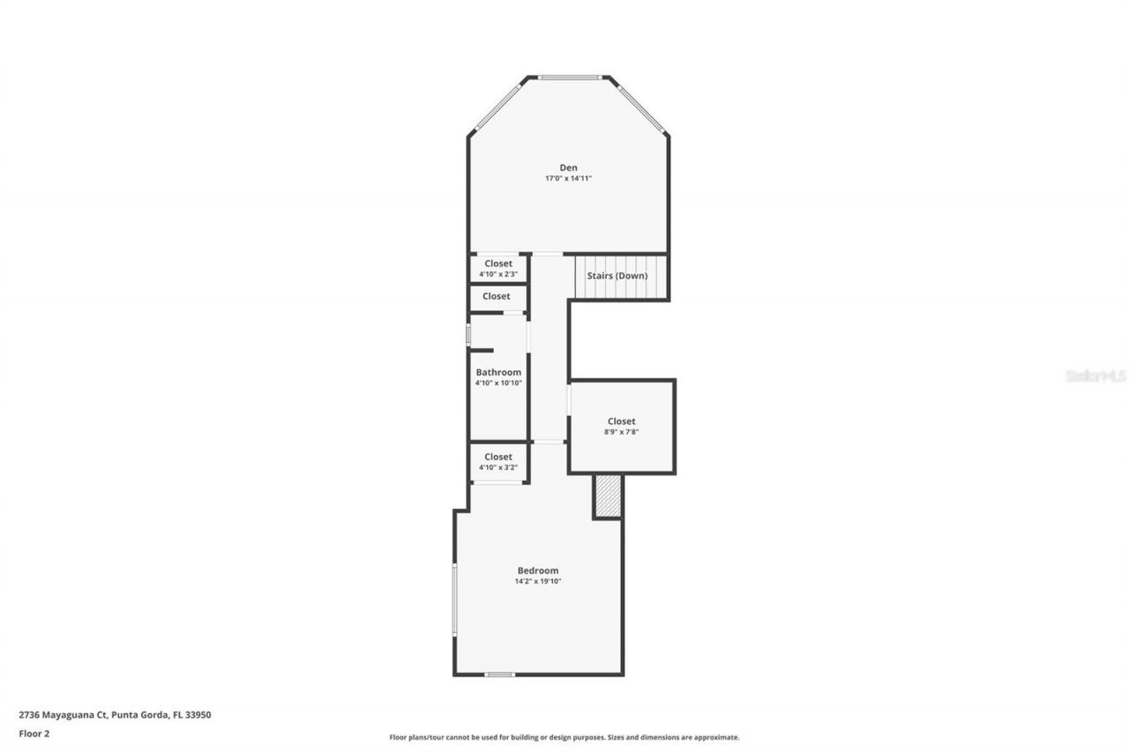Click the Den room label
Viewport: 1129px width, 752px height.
pyautogui.click(x=569, y=168)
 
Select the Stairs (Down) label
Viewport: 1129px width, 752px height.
pyautogui.click(x=617, y=276)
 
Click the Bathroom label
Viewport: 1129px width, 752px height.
pyautogui.click(x=498, y=372)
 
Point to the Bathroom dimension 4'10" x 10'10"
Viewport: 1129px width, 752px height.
pyautogui.click(x=498, y=383)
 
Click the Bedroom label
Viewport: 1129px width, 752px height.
pyautogui.click(x=538, y=570)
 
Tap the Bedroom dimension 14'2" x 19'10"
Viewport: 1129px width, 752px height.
pyautogui.click(x=538, y=581)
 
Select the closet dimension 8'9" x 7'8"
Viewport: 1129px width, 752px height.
pyautogui.click(x=621, y=432)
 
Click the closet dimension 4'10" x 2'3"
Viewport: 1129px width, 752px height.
pyautogui.click(x=498, y=274)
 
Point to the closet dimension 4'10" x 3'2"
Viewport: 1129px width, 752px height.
pyautogui.click(x=498, y=467)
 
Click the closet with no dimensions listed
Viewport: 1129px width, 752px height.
pyautogui.click(x=497, y=297)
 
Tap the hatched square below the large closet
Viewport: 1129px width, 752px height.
pyautogui.click(x=608, y=496)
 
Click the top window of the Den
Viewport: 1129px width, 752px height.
pyautogui.click(x=570, y=78)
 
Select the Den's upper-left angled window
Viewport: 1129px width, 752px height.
pyautogui.click(x=499, y=106)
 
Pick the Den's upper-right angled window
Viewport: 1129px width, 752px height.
pyautogui.click(x=640, y=108)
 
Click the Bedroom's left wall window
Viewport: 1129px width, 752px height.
pyautogui.click(x=454, y=599)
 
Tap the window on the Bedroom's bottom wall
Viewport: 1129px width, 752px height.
pyautogui.click(x=499, y=674)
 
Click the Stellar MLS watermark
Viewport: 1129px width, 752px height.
pyautogui.click(x=1095, y=376)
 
